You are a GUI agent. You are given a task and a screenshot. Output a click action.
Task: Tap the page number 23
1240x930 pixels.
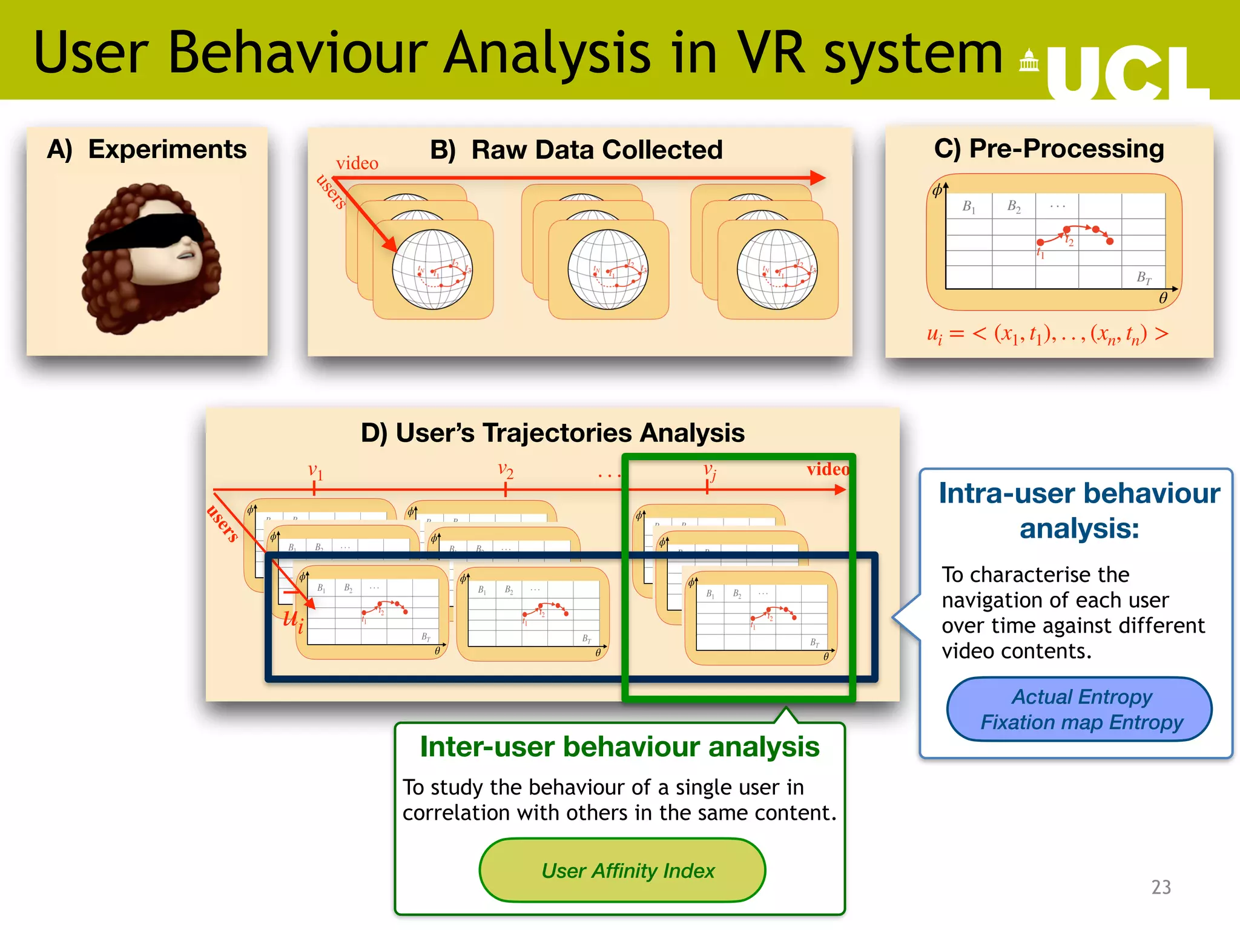1161,887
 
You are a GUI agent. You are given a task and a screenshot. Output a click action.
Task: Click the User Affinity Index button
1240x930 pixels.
622,871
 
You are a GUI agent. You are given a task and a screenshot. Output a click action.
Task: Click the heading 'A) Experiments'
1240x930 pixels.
147,150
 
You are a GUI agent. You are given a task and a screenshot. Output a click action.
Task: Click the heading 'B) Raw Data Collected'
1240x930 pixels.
576,150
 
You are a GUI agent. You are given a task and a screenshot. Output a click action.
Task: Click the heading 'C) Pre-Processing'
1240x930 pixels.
1049,148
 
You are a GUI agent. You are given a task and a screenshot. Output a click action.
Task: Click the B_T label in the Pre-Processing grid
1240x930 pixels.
1143,278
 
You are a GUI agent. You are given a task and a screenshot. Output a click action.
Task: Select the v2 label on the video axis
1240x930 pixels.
506,469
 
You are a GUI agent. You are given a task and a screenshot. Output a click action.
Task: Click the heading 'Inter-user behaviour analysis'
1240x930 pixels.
619,747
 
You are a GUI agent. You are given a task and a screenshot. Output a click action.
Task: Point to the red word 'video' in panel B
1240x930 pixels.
357,163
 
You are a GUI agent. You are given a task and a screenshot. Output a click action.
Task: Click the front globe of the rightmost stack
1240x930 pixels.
777,269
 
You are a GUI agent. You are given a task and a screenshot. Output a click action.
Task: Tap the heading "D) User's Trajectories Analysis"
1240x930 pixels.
552,433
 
